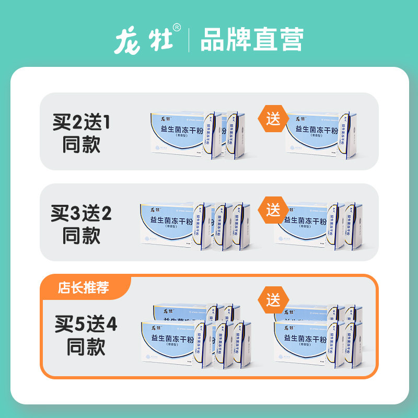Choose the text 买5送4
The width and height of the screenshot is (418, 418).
point(86,326)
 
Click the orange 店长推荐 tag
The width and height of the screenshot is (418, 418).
point(84,287)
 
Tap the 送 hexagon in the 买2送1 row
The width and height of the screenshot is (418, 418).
point(273,118)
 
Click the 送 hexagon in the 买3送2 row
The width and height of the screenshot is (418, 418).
point(273,210)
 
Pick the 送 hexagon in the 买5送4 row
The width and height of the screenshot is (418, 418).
point(273,300)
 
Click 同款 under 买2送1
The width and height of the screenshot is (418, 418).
point(81,145)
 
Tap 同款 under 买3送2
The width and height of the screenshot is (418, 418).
point(81,236)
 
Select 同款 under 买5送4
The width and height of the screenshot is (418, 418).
point(86,347)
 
